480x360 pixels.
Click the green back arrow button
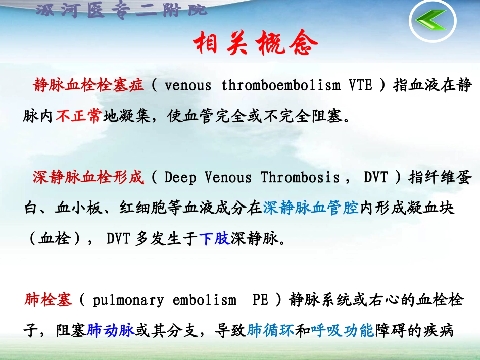point(431,20)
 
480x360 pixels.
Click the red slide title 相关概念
point(257,44)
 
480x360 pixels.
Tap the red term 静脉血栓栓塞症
point(89,86)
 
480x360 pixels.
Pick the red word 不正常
point(78,117)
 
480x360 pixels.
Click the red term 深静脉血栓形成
point(89,177)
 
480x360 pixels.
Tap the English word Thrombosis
point(300,177)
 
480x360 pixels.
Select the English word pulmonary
point(128,300)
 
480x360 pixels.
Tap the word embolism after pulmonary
point(205,300)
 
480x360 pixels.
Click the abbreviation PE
point(260,300)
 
